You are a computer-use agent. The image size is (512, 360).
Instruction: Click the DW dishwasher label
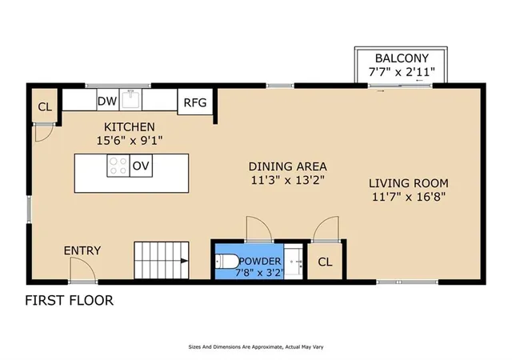[x=107, y=102]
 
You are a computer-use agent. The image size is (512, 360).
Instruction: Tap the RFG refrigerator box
[x=195, y=102]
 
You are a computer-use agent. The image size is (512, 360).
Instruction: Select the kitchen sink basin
[x=130, y=99]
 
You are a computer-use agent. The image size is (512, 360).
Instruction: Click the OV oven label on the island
[x=141, y=166]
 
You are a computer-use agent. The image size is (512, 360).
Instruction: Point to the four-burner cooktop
[x=118, y=166]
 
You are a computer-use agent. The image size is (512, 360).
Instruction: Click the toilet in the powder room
[x=227, y=262]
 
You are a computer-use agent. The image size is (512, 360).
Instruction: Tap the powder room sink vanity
[x=294, y=262]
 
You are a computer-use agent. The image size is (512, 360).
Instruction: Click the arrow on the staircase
[x=184, y=261]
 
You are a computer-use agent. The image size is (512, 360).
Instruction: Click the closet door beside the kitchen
[x=44, y=133]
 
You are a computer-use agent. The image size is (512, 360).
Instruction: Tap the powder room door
[x=258, y=229]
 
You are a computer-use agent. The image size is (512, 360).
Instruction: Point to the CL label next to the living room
[x=325, y=262]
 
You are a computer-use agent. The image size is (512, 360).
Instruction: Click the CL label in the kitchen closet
[x=45, y=107]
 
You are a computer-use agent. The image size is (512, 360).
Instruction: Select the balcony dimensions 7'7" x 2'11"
[x=402, y=72]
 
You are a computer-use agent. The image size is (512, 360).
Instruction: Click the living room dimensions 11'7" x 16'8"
[x=409, y=197]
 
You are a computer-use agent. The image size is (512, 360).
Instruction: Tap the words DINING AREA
[x=288, y=166]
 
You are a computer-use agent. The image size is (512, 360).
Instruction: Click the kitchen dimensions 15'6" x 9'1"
[x=130, y=141]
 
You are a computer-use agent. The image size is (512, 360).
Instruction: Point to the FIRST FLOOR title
[x=70, y=301]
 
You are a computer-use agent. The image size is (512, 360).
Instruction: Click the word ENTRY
[x=82, y=250]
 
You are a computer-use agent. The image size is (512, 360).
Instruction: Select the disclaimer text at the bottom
[x=256, y=347]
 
